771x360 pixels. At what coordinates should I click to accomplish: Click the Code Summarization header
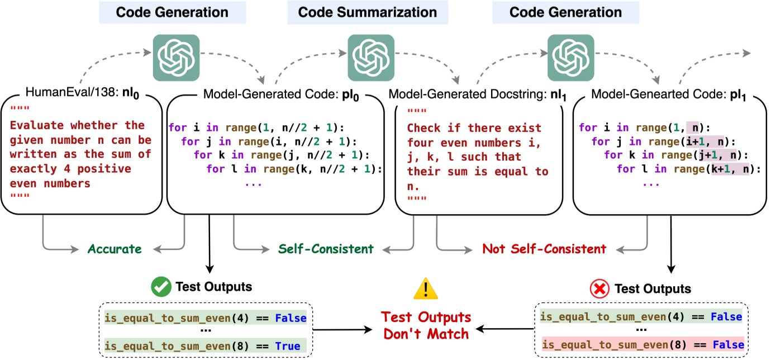pos(367,12)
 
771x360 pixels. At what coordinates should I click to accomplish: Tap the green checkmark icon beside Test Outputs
pos(161,287)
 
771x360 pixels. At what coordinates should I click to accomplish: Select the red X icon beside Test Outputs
pos(599,288)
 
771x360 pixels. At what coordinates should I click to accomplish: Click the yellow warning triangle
pos(426,288)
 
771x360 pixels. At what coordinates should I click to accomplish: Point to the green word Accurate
pos(115,249)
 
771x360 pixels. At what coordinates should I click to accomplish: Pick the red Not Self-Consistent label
pos(544,249)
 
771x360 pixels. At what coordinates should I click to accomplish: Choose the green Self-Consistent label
pos(326,249)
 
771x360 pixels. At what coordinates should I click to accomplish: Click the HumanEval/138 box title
pos(83,93)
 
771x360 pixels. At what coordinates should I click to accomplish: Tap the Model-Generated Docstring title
pos(477,94)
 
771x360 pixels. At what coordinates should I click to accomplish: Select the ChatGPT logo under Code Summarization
pos(371,58)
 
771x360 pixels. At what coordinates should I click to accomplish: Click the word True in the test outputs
pos(287,346)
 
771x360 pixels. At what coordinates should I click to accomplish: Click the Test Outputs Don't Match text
pos(426,325)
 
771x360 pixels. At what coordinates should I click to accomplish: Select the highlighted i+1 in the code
pos(695,141)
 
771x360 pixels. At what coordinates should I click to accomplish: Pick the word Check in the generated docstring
pos(423,128)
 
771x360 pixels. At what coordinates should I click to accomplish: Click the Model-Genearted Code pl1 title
pos(668,94)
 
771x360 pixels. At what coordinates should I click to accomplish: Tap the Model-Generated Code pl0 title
pos(281,94)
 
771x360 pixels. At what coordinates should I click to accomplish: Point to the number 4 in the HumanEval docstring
pos(67,169)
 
